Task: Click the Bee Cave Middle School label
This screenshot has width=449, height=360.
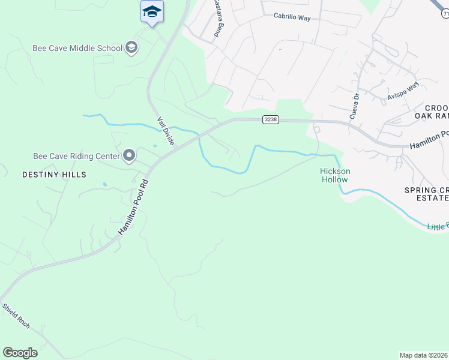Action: tap(78, 48)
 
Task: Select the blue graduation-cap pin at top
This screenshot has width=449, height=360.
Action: tap(152, 11)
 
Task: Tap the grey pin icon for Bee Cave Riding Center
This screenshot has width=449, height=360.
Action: tap(129, 157)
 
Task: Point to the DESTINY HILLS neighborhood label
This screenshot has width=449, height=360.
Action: tap(54, 175)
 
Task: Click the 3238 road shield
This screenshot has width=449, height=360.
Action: tap(271, 120)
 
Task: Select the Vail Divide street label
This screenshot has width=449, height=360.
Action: tap(166, 130)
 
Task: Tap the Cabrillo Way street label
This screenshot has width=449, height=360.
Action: tap(292, 18)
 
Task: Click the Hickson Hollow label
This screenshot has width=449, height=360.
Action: tap(335, 175)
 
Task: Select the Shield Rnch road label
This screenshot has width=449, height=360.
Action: tap(16, 316)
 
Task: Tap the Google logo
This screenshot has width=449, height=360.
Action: tap(20, 353)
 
